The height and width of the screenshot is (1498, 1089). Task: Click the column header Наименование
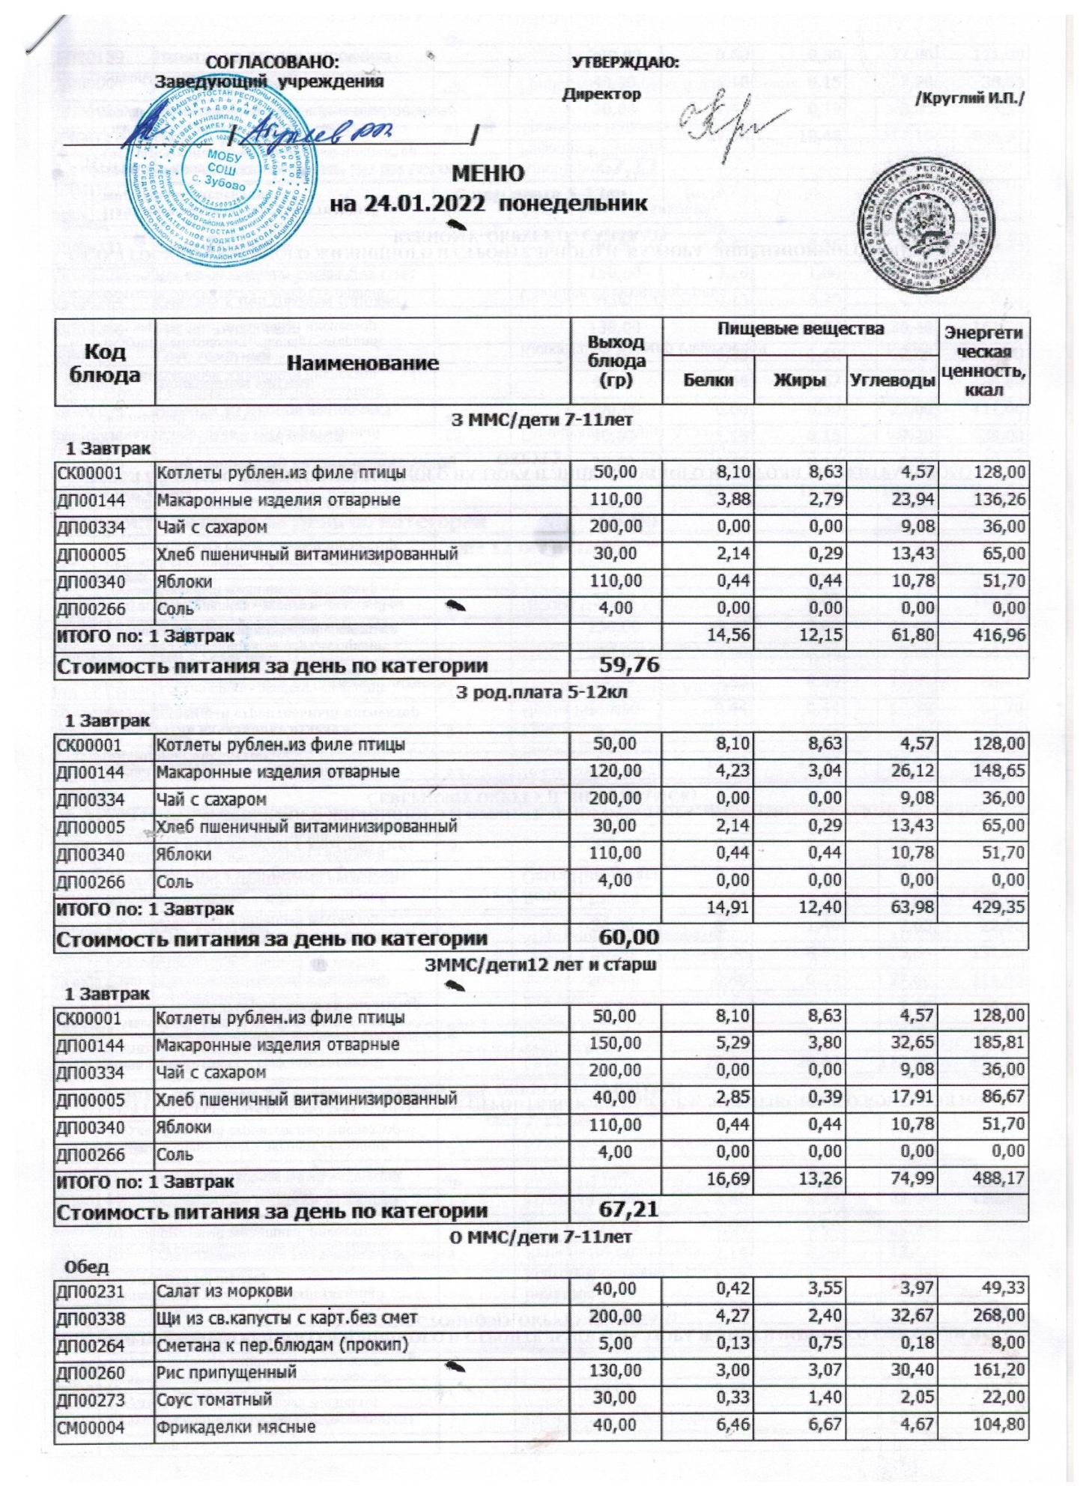point(363,363)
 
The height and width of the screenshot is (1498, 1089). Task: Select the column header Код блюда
point(104,363)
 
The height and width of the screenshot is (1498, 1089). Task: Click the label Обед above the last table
point(87,1267)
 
